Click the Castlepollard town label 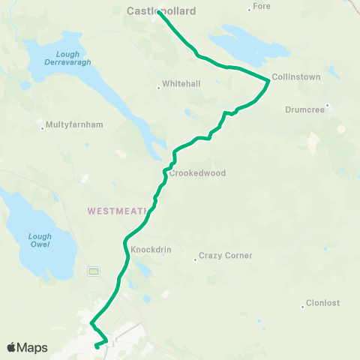161,11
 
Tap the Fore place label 262,6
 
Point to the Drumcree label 305,109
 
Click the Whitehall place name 181,84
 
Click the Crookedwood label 198,173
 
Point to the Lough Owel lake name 40,240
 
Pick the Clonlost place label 323,304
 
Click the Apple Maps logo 28,347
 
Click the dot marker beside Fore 250,10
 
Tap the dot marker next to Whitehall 159,88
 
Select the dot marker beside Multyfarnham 42,128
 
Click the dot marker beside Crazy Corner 195,259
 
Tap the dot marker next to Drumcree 328,106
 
